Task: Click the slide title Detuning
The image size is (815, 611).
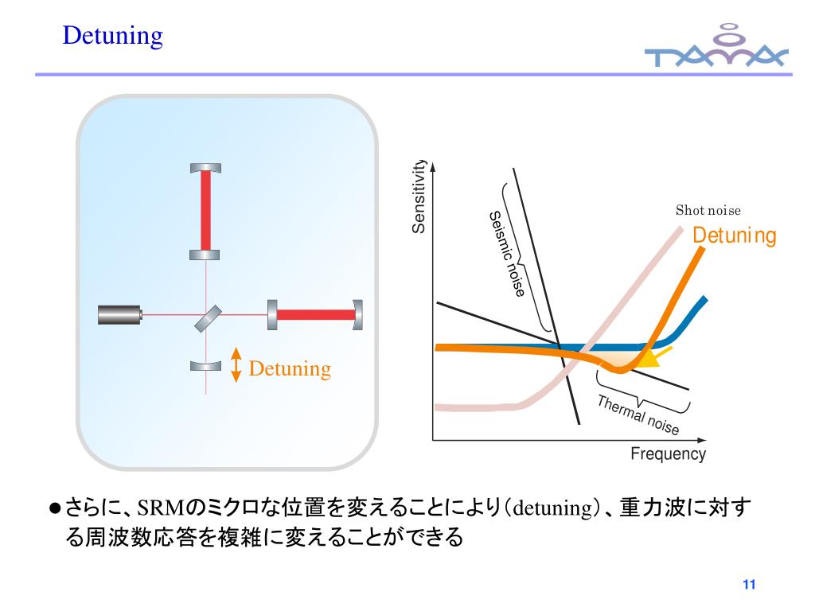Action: coord(113,36)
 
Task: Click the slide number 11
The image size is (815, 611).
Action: coord(747,586)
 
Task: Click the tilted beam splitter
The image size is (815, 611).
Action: coord(207,317)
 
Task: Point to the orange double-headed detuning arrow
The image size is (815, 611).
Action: coord(236,364)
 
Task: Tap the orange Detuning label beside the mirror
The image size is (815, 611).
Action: coord(290,369)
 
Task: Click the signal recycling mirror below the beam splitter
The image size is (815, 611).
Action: coord(206,366)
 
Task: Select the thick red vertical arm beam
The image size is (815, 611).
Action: coord(206,211)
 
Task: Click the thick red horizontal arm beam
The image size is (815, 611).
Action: coord(315,315)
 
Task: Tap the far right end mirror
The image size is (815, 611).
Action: coord(358,315)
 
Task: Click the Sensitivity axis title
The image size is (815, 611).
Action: coord(419,197)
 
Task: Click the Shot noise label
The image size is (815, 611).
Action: coord(708,211)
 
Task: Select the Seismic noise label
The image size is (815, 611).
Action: coord(506,255)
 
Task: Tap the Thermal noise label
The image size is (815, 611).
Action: coord(638,414)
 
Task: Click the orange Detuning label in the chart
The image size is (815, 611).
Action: coord(734,236)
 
